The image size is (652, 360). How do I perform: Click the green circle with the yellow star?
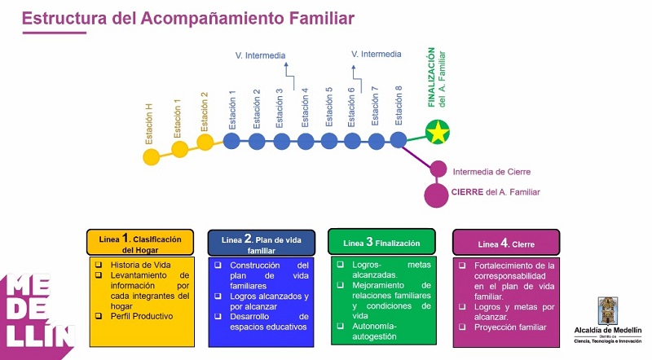point(438,132)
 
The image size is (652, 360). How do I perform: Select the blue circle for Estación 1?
point(231,141)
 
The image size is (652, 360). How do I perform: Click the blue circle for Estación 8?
point(398,141)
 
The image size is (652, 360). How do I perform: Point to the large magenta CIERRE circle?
point(437,195)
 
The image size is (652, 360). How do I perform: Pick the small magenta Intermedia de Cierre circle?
point(438,169)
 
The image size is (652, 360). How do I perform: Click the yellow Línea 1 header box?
point(140,243)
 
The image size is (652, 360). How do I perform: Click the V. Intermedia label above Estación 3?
point(260,55)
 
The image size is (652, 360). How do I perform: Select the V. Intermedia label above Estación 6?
point(376,55)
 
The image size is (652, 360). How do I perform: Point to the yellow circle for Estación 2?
point(205,143)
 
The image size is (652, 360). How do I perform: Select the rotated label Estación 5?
point(329,106)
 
